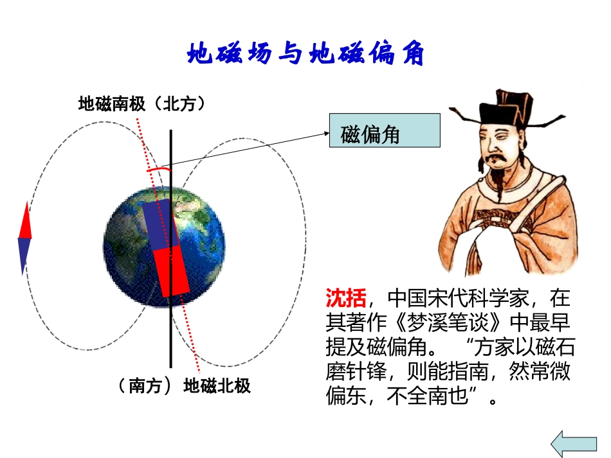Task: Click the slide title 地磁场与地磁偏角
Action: click(305, 54)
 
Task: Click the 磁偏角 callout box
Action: click(384, 131)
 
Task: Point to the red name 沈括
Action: click(346, 298)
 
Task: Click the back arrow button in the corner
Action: click(574, 443)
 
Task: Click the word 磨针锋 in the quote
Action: click(356, 371)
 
